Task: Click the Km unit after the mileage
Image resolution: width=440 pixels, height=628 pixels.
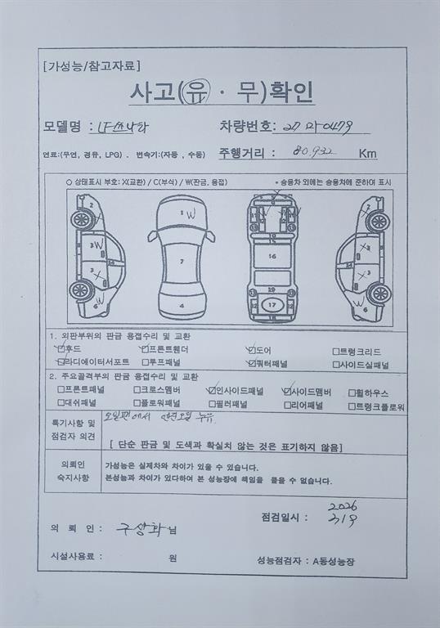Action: [x=367, y=153]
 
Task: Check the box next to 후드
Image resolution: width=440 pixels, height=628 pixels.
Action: [x=60, y=349]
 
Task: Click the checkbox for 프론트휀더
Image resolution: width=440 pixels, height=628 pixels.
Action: [x=145, y=349]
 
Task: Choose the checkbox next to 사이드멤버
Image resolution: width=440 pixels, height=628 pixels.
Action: [x=287, y=391]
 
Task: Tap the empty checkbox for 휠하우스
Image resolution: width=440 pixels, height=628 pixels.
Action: [x=352, y=392]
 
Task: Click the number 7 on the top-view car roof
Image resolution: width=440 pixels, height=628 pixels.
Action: [x=182, y=262]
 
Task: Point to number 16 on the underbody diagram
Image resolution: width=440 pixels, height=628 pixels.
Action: [x=272, y=257]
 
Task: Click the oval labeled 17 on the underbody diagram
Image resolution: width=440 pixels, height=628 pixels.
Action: [x=272, y=304]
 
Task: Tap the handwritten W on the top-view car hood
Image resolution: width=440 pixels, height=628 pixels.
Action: [x=189, y=213]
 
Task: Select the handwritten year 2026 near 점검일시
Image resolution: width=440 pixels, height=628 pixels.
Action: [x=343, y=507]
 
